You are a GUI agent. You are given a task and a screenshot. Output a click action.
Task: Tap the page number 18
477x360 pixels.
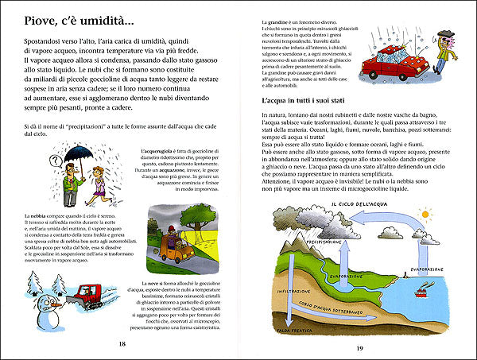coord(122,343)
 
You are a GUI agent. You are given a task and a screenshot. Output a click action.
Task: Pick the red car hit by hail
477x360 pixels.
coord(401,68)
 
